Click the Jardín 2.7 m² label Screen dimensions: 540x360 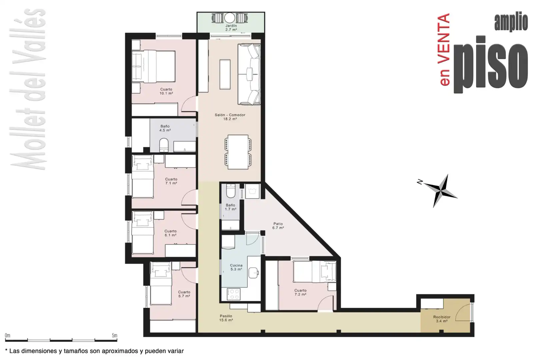231,28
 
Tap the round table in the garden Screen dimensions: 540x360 230,18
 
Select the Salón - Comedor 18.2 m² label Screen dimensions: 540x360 230,117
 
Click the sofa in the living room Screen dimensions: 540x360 249,74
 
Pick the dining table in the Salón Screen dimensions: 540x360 238,152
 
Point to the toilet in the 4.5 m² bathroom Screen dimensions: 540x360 164,145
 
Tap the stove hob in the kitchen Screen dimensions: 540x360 233,294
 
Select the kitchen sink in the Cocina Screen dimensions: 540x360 254,273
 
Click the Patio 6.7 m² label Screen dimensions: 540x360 278,226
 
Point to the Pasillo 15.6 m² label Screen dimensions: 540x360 226,318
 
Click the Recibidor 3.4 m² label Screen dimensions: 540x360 442,319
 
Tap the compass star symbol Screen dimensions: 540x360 441,191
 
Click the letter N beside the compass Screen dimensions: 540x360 420,182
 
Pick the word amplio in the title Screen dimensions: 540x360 511,23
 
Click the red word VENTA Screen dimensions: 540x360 444,39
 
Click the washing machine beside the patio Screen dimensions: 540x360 252,191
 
